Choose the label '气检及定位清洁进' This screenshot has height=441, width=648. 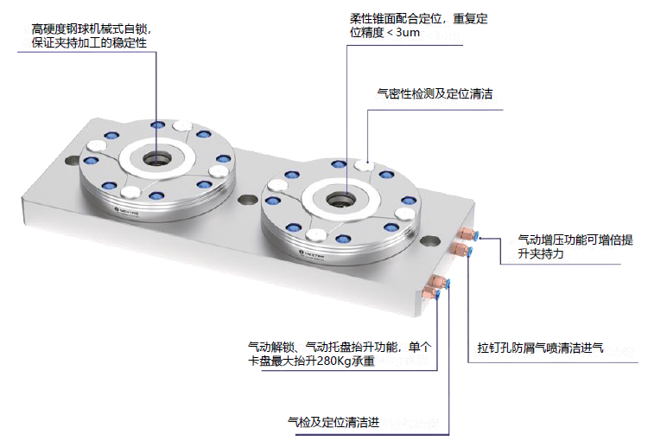334,423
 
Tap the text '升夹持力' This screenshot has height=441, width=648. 542,255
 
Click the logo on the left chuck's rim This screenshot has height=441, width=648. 121,208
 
